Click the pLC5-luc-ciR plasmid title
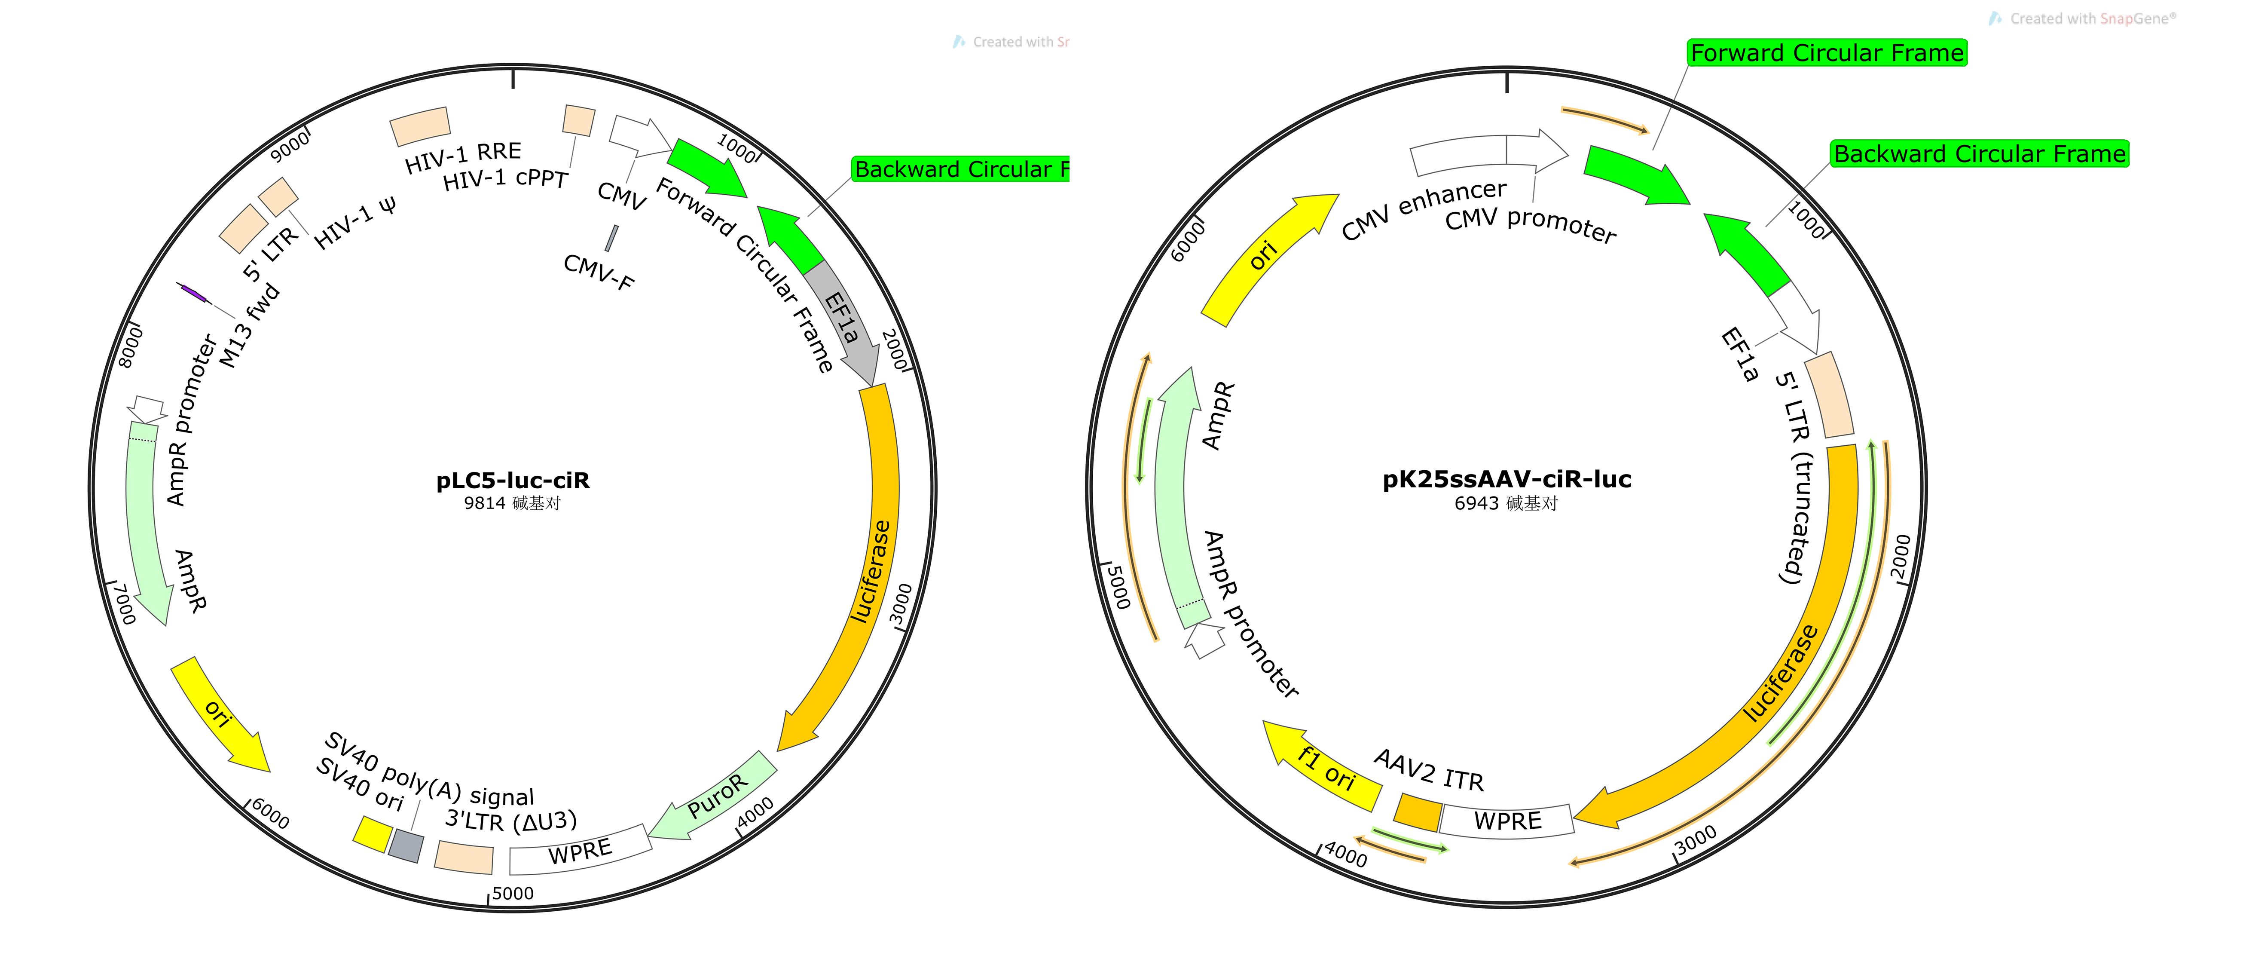click(x=513, y=481)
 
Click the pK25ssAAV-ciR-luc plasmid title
click(x=1507, y=479)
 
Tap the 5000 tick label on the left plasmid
click(x=513, y=893)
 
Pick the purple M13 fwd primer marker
click(x=192, y=293)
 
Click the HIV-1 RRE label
click(x=463, y=157)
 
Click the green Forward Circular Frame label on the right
click(x=1827, y=53)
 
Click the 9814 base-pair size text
click(x=513, y=503)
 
